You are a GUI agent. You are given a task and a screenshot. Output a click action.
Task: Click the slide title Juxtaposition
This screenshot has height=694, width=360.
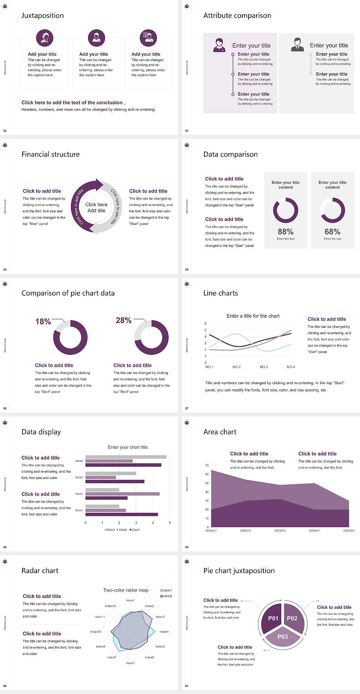click(42, 15)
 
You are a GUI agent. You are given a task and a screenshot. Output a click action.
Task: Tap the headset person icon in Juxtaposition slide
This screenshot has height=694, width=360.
click(45, 38)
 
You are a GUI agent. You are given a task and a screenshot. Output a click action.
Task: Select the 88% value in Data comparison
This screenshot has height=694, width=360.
click(285, 232)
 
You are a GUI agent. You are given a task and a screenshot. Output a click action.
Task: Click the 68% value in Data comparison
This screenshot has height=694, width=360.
click(332, 232)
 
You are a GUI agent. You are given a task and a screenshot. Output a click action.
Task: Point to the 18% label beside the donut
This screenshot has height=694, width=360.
click(43, 321)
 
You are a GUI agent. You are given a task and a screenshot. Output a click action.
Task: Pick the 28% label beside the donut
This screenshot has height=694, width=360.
click(123, 320)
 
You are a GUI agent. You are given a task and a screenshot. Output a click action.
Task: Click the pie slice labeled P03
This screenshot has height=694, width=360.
click(283, 637)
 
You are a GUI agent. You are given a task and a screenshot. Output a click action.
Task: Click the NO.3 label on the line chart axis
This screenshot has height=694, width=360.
click(264, 367)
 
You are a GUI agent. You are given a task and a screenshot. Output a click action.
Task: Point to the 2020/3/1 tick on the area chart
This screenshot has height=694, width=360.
click(280, 531)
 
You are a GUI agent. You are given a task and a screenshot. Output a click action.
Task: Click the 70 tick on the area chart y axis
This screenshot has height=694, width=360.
click(207, 466)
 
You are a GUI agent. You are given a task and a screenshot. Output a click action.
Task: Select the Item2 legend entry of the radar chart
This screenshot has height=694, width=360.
click(166, 596)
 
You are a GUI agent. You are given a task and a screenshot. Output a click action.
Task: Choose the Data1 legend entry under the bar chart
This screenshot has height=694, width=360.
click(135, 530)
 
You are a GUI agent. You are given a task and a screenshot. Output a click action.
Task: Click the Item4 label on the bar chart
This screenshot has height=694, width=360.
click(79, 461)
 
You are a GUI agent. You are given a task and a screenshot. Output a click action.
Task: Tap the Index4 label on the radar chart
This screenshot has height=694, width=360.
click(164, 632)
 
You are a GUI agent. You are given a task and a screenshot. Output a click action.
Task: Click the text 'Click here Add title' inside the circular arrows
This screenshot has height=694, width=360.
click(96, 207)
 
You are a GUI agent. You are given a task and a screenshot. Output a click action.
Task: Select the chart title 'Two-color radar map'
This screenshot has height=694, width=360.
click(126, 590)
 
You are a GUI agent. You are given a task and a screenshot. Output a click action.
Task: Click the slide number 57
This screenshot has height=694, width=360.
click(187, 408)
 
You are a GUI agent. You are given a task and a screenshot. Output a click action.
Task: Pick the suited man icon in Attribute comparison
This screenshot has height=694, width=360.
click(297, 45)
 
